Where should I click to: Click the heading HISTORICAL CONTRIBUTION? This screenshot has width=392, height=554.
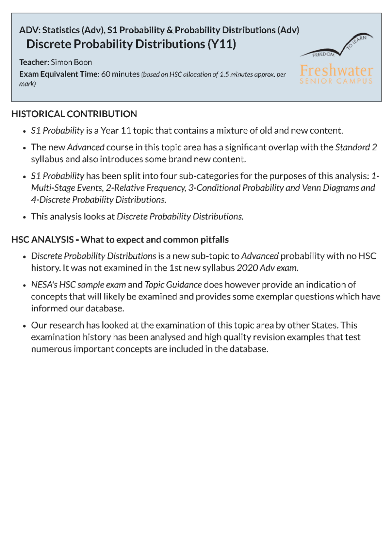click(74, 114)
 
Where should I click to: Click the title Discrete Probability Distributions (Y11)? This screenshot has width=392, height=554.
click(131, 44)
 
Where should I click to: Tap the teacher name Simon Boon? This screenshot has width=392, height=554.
click(71, 62)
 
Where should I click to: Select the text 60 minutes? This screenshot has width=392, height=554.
click(120, 74)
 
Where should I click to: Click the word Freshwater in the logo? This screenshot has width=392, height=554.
click(336, 71)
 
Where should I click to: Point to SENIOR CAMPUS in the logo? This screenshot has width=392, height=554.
click(336, 81)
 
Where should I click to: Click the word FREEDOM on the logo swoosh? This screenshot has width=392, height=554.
click(323, 55)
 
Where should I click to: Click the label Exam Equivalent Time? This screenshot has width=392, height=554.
click(59, 74)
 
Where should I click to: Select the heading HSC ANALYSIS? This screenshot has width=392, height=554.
click(42, 240)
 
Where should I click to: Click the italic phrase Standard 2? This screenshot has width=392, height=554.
click(356, 147)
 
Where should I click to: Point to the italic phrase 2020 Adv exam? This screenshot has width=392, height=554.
click(267, 268)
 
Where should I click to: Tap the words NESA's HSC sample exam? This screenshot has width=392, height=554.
click(78, 285)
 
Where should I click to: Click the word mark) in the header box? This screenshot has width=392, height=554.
click(27, 84)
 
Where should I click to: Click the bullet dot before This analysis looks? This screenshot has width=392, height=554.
click(24, 217)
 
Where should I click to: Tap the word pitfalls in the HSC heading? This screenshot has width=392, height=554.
click(214, 240)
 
